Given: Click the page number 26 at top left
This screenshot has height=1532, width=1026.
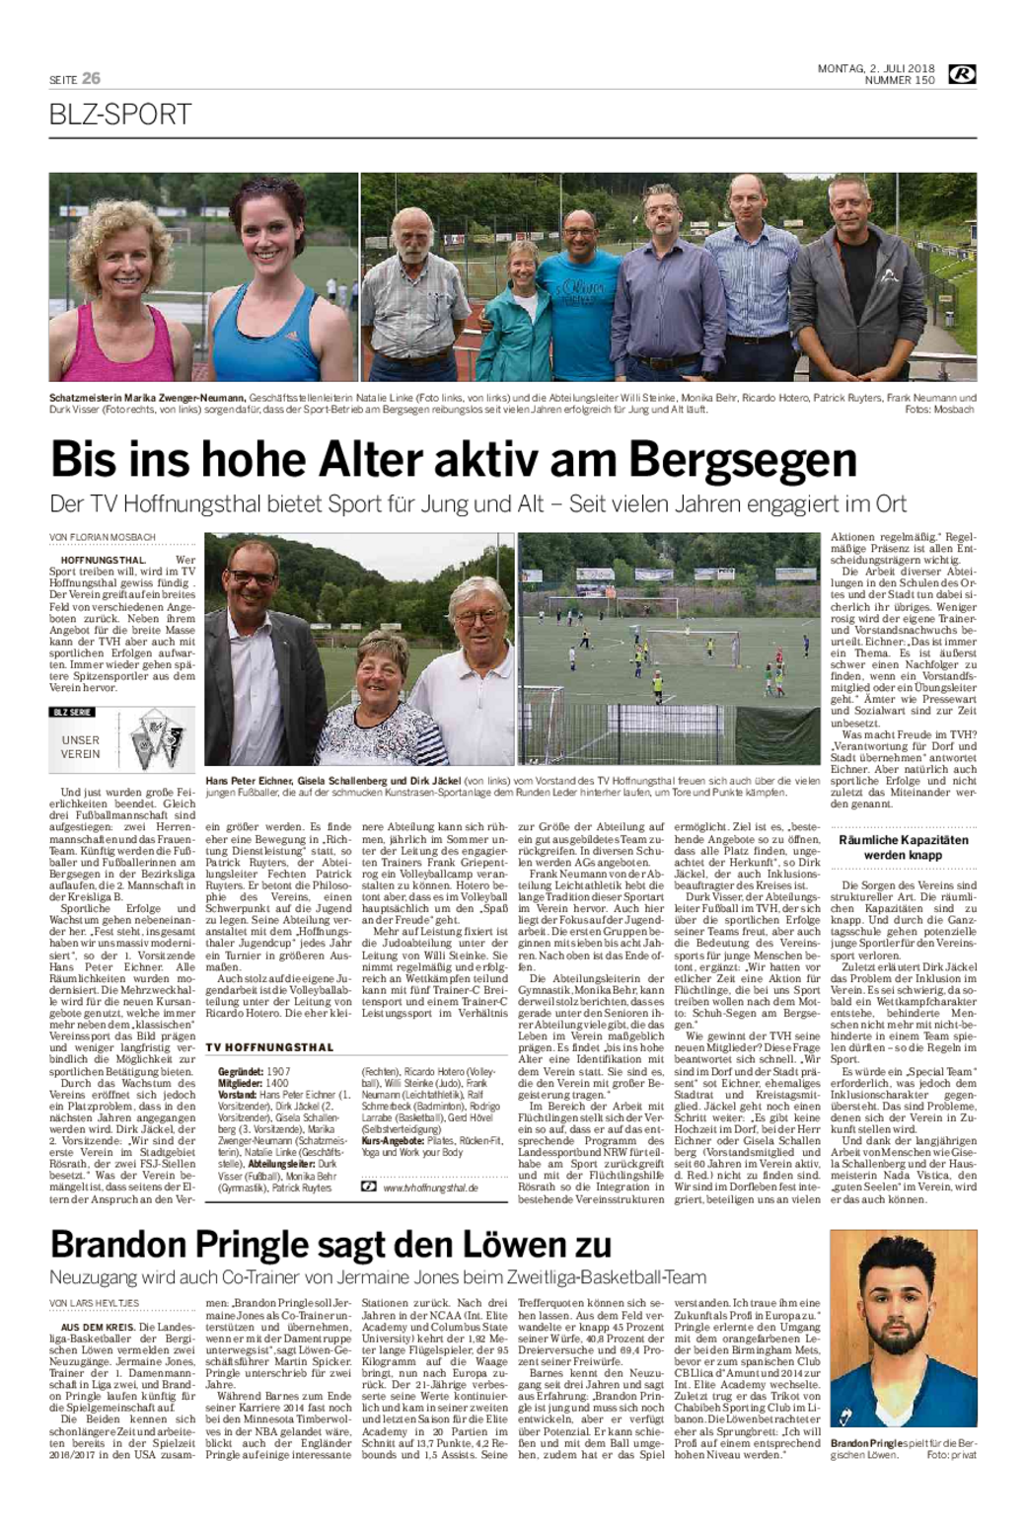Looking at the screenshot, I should click(91, 78).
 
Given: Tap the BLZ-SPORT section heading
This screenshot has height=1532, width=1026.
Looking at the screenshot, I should click(120, 115).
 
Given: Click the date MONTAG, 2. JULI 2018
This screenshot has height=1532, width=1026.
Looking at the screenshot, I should click(876, 68).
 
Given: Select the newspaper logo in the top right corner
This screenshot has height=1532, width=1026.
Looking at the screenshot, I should click(962, 74).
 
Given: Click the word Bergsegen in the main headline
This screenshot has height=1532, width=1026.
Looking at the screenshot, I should click(744, 460).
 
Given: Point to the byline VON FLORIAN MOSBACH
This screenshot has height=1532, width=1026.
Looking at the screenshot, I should click(103, 538).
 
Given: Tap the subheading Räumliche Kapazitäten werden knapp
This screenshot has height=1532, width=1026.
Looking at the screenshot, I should click(904, 847).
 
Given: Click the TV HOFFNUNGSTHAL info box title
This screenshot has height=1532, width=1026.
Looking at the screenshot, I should click(270, 1047).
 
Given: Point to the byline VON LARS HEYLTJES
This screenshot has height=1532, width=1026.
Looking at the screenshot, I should click(95, 1304).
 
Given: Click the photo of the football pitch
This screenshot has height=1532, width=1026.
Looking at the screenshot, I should click(669, 649).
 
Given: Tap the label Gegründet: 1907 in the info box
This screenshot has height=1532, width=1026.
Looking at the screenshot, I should click(255, 1071).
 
